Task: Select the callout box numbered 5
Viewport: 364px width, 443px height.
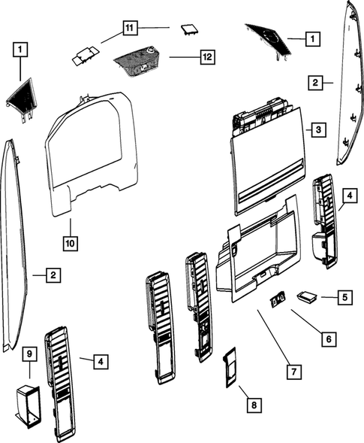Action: tap(344, 298)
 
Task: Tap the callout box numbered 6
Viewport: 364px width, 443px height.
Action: tap(327, 338)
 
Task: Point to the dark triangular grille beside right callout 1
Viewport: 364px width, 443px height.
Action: tap(269, 39)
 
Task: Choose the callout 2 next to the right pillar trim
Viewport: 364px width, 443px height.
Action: tap(317, 83)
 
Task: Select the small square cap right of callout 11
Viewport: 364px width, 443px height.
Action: tap(187, 29)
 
